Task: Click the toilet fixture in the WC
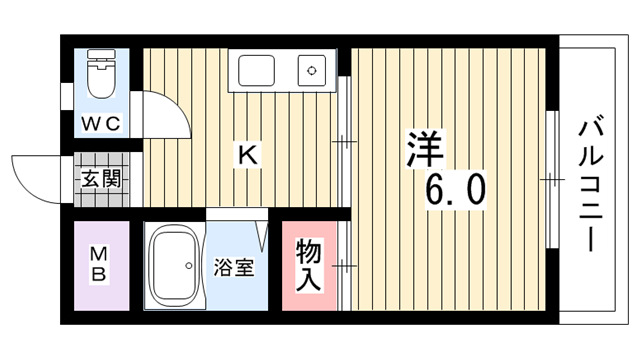coord(102,74)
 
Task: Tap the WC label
coord(101,124)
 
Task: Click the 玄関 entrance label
coord(101,178)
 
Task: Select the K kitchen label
coord(248,155)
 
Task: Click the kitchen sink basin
coord(256,71)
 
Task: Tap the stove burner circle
coord(312,71)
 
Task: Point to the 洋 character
coord(425,149)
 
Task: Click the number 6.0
coord(456,190)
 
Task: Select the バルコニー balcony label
coord(591,183)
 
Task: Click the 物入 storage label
coord(309,265)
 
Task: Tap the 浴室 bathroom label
coord(234,268)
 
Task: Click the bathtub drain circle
coord(189,266)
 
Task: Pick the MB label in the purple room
coord(99,265)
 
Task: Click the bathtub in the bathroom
coord(175,266)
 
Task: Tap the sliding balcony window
coord(552,180)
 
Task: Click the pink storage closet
coord(309,266)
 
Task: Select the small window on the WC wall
coord(66,96)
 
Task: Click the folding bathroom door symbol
coord(263,237)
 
